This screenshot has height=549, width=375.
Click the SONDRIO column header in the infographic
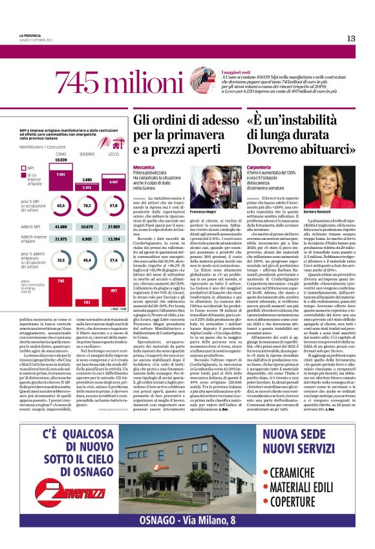pos(87,154)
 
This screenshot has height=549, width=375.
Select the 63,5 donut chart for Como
pos(61,205)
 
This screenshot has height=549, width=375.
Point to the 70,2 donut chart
pos(87,205)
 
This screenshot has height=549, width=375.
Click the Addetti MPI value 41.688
pos(61,227)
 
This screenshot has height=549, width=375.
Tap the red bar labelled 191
pos(87,302)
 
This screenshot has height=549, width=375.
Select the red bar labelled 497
pos(113,296)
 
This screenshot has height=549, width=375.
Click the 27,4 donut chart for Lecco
pos(113,260)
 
